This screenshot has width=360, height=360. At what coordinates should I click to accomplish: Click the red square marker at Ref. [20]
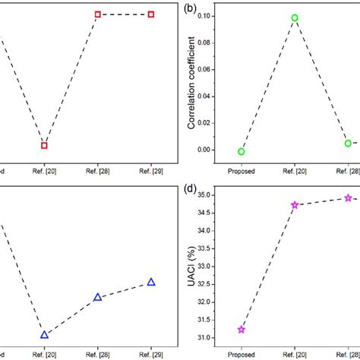click(44, 145)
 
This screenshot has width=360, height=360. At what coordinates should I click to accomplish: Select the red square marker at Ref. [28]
click(98, 14)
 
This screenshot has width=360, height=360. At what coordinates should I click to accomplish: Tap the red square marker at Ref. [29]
click(151, 14)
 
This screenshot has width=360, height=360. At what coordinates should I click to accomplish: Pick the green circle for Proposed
click(242, 151)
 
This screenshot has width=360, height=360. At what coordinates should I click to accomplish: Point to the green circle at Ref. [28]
click(348, 143)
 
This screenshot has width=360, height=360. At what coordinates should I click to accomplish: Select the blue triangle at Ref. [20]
click(44, 334)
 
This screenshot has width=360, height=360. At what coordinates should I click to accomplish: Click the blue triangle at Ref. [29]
click(151, 282)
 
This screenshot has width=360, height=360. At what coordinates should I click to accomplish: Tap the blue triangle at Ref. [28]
click(98, 297)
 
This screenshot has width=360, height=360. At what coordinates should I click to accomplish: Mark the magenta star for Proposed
click(242, 330)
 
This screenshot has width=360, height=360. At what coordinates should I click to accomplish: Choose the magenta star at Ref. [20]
click(295, 204)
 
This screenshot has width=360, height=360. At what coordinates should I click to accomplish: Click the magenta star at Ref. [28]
click(348, 197)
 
